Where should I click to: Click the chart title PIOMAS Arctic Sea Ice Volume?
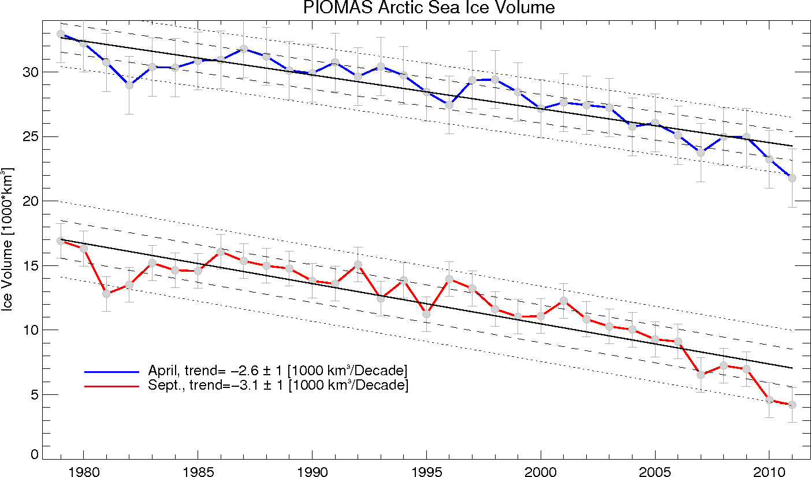tap(429, 8)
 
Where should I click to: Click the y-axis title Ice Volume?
tap(9, 239)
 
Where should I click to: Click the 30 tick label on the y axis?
tap(29, 72)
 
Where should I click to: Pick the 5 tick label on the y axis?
tap(33, 395)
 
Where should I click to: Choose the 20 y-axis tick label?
tap(29, 201)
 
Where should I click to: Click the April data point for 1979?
tap(61, 34)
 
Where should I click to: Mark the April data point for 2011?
tap(792, 178)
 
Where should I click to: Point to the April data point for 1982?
tap(129, 85)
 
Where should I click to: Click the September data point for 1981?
tap(106, 294)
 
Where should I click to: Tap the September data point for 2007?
tap(701, 375)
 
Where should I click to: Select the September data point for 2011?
tap(792, 405)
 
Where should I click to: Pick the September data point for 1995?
tap(426, 314)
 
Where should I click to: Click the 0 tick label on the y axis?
tap(33, 455)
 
